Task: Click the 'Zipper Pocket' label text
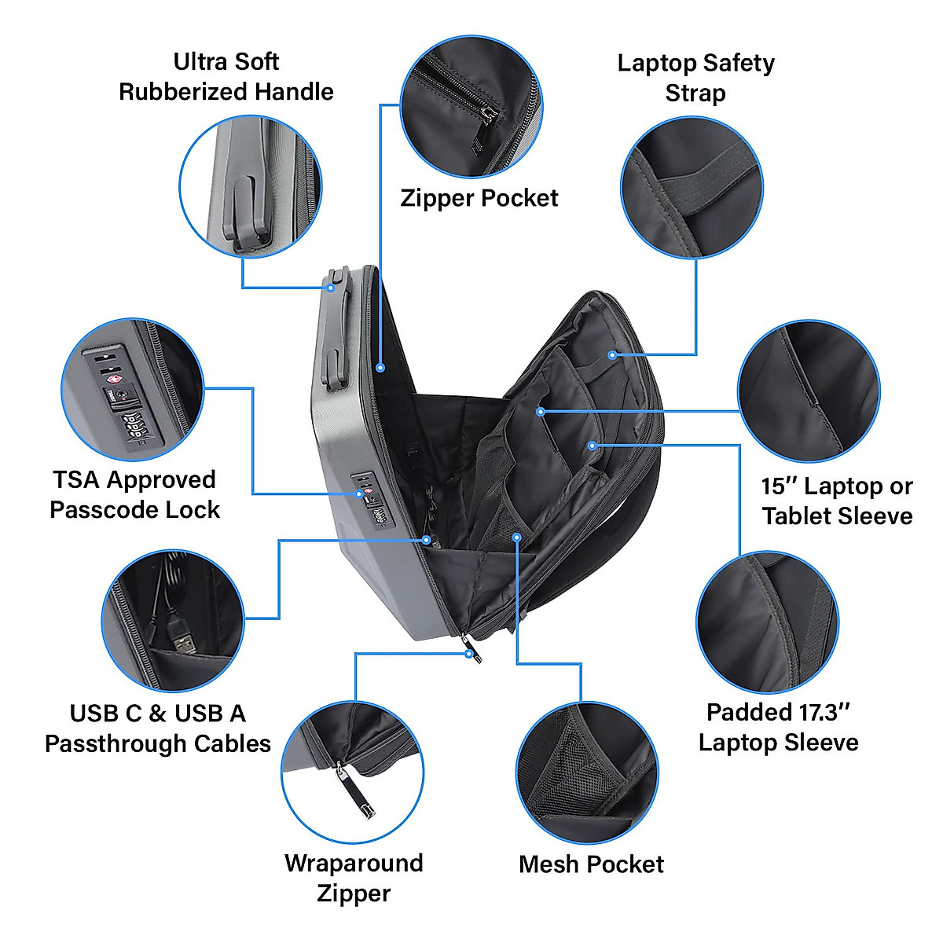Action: pyautogui.click(x=479, y=198)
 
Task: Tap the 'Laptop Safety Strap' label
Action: pyautogui.click(x=695, y=78)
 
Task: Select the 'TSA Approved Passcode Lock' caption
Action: pyautogui.click(x=134, y=494)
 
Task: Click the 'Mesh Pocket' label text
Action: pyautogui.click(x=591, y=864)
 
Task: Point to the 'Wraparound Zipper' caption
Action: pyautogui.click(x=354, y=878)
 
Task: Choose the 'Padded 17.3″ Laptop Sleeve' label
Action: pyautogui.click(x=778, y=727)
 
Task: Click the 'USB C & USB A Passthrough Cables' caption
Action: pyautogui.click(x=157, y=728)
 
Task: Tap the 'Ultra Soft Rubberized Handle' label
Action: pyautogui.click(x=226, y=76)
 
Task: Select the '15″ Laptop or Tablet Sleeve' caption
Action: pyautogui.click(x=837, y=501)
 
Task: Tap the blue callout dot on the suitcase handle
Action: pyautogui.click(x=331, y=288)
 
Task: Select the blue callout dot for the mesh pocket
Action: pyautogui.click(x=516, y=537)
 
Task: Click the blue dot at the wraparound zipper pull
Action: pyautogui.click(x=470, y=654)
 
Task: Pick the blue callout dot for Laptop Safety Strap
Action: pyautogui.click(x=611, y=355)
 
